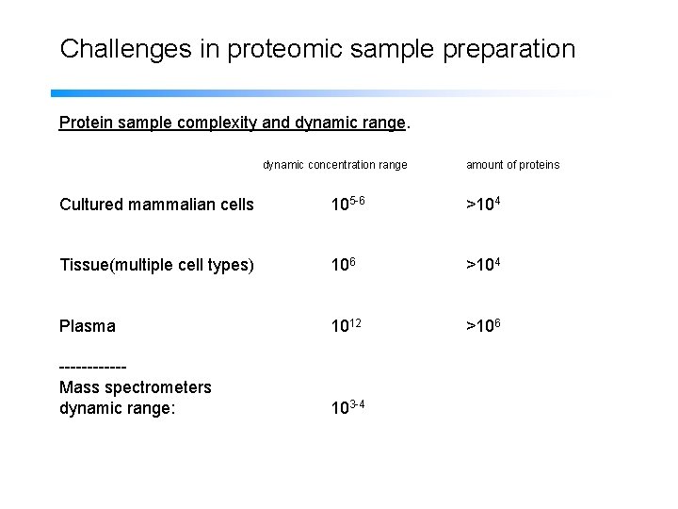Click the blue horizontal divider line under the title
click(282, 93)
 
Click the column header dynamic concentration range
click(334, 165)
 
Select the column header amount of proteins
click(512, 165)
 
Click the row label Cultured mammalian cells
click(156, 205)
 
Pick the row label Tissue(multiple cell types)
click(156, 265)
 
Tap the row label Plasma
click(88, 326)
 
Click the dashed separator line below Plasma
click(92, 369)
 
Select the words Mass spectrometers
click(135, 387)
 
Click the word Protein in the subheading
click(86, 123)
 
